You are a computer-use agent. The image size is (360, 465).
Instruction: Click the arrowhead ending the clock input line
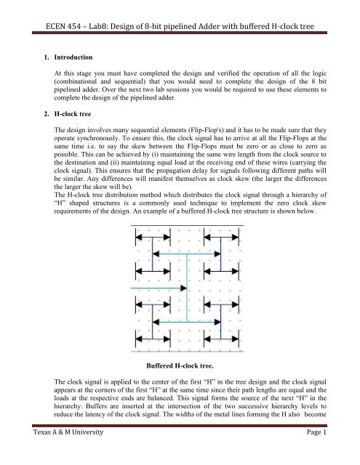[184, 289]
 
